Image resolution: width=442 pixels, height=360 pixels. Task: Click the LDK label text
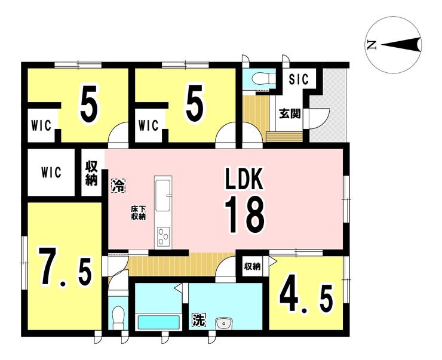[244, 179]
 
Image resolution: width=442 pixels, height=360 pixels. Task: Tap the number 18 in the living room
[245, 214]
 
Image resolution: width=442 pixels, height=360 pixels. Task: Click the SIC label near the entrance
[299, 79]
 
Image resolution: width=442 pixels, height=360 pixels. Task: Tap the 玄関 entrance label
[290, 113]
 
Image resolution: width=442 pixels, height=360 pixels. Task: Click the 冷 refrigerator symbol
[118, 186]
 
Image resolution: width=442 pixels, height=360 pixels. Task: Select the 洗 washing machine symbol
[199, 320]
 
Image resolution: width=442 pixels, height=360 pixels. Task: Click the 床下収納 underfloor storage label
[138, 213]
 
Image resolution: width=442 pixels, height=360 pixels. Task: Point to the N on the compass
[372, 45]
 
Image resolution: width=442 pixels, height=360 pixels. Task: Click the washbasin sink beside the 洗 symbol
[223, 323]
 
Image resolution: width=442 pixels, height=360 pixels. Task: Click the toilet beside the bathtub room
[118, 317]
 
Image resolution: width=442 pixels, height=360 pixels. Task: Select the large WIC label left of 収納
[51, 172]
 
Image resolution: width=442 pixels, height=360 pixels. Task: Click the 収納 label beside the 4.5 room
[252, 266]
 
